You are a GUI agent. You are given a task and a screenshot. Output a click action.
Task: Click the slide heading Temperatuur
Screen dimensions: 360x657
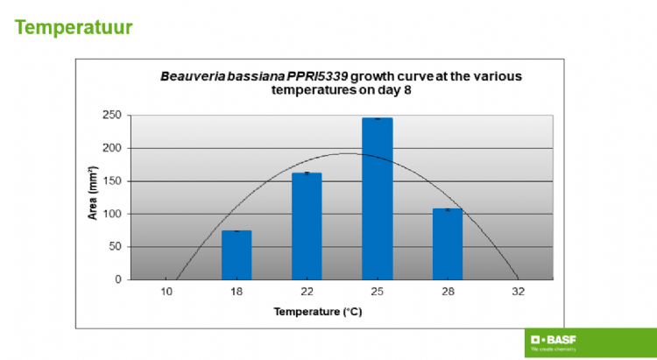tap(74, 28)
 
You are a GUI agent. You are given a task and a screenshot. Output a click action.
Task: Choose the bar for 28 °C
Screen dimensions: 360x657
tap(447, 244)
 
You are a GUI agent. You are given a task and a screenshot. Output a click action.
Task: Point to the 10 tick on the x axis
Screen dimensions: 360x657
tap(166, 292)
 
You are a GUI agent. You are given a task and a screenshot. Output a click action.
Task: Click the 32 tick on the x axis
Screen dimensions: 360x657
tap(518, 292)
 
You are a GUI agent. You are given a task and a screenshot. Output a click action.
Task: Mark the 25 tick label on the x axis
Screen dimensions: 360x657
tap(377, 292)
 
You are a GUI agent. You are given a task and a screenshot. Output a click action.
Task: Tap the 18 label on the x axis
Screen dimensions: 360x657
tap(237, 292)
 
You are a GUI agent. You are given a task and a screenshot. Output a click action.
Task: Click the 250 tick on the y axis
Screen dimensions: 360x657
tap(111, 115)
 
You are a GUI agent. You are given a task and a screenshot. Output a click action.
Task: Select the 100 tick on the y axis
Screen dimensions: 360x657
tap(111, 214)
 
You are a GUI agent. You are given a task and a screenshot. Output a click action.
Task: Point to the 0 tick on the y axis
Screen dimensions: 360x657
tap(117, 279)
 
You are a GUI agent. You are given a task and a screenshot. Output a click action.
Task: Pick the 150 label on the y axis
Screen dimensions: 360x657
tap(111, 181)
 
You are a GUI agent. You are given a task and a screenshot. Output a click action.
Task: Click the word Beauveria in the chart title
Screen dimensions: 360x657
tap(187, 76)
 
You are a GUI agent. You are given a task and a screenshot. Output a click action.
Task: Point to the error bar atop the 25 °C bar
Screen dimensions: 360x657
tap(377, 118)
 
